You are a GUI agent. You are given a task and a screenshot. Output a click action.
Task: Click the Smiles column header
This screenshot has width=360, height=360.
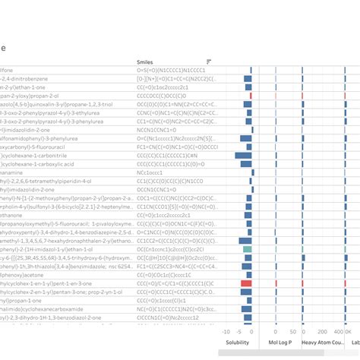tap(144, 62)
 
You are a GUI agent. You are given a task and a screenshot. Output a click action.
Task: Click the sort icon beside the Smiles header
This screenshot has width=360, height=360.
tap(209, 62)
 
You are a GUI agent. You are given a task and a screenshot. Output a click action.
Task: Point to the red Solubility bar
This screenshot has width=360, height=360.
tap(246, 283)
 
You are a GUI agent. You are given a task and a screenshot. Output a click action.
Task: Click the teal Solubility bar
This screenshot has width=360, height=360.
tap(247, 248)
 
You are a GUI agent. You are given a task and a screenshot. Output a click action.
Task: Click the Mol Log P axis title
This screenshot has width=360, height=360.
tap(280, 343)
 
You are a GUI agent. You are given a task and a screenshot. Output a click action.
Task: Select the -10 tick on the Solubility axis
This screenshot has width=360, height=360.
tap(226, 332)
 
